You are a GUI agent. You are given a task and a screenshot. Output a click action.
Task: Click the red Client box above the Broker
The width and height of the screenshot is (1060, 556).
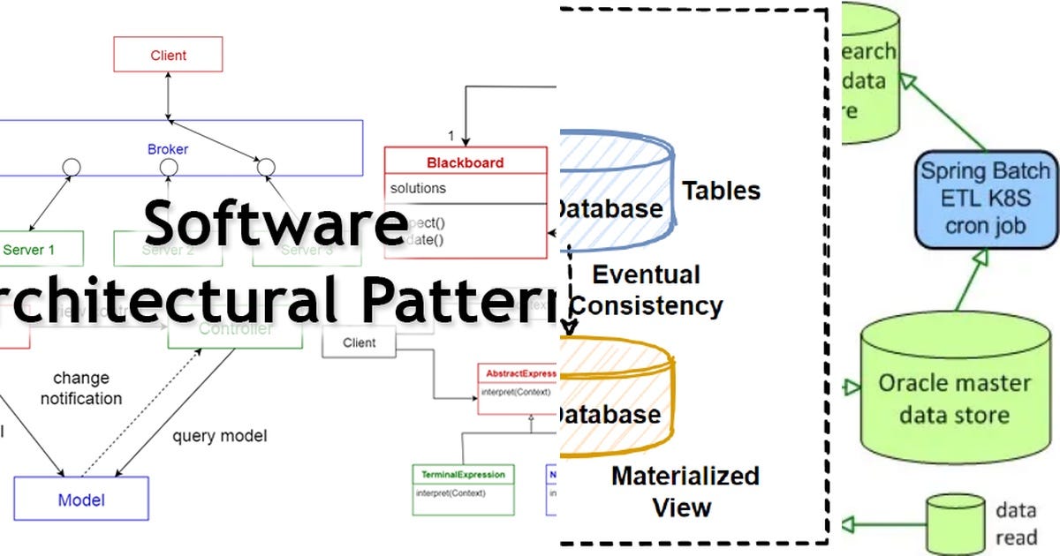coord(168,55)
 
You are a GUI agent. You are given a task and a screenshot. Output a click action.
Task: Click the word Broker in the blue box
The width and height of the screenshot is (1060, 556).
coord(168,149)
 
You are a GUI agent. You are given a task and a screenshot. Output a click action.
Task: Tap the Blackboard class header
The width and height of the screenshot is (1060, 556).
coord(466,162)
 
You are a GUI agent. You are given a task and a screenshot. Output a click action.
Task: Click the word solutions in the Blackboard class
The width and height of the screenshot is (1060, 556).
coord(418,188)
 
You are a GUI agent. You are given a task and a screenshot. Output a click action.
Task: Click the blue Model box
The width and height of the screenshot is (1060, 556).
coord(81,500)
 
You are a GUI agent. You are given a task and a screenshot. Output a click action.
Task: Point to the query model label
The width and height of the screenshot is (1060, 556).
coord(219,435)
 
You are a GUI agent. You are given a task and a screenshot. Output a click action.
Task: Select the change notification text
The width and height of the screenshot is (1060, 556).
coord(81,388)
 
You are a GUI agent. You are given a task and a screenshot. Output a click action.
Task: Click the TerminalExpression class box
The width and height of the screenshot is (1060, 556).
coord(462,490)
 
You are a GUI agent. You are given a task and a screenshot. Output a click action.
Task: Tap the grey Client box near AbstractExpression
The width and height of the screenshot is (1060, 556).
coord(360,342)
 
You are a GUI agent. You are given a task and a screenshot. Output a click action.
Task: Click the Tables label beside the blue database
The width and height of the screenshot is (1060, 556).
coord(721,190)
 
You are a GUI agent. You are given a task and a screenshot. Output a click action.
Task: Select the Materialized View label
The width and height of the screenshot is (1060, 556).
coord(684,491)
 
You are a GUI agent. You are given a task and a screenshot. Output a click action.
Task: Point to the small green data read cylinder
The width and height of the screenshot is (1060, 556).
coord(955,522)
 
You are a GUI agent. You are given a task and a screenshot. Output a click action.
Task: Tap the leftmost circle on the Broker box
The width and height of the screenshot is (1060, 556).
coord(71,165)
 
